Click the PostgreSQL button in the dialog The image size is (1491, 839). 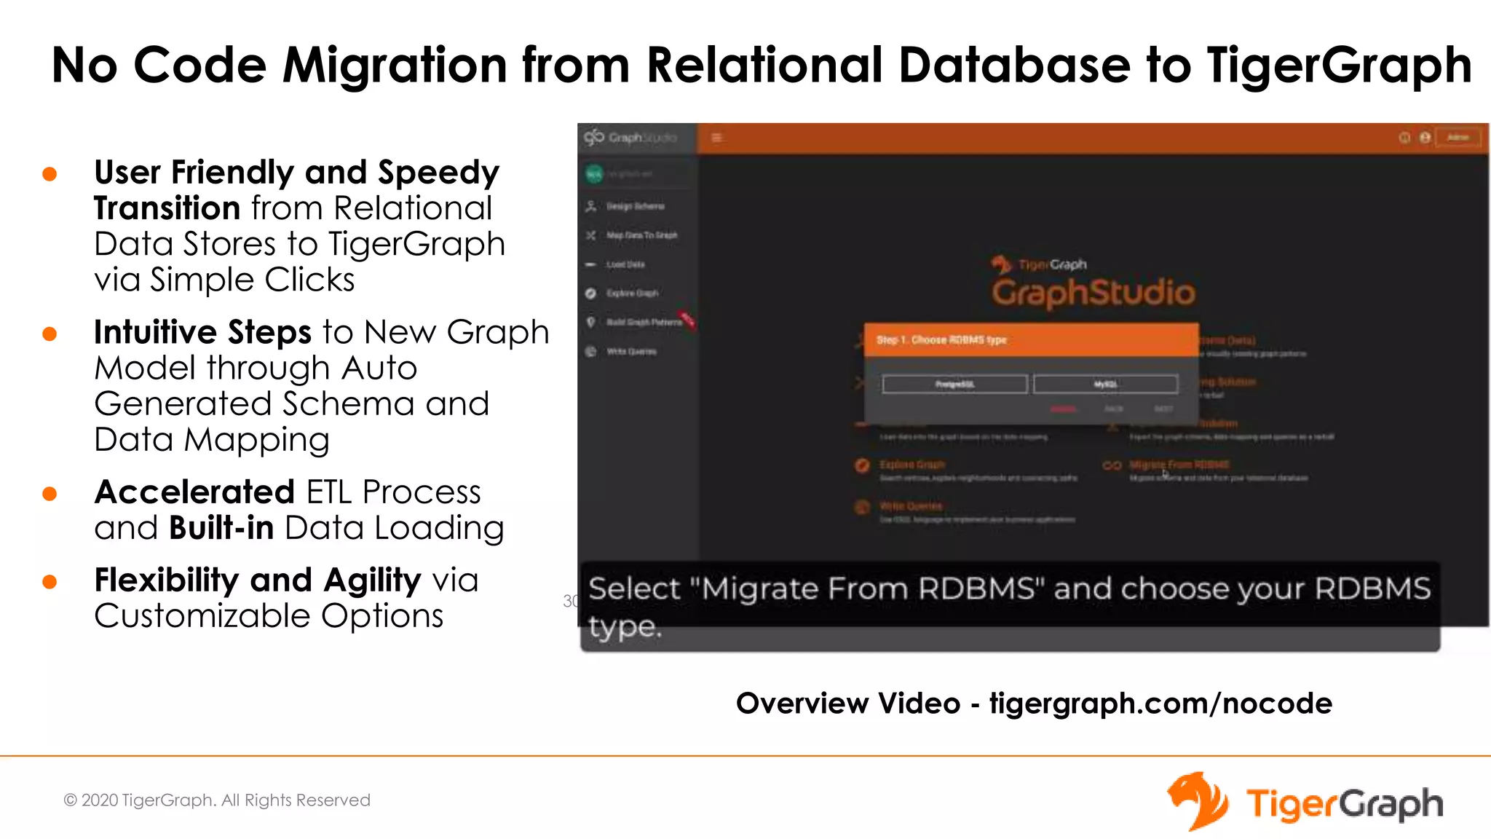tap(954, 384)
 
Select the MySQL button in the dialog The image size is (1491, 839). tap(1105, 384)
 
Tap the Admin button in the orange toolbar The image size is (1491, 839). tap(1458, 138)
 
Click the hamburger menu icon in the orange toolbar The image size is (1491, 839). tap(716, 138)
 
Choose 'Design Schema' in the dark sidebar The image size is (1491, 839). tap(635, 206)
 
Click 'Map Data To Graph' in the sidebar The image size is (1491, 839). tap(641, 235)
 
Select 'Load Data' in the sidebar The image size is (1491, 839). tap(625, 264)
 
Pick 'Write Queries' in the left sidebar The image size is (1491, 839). tap(631, 352)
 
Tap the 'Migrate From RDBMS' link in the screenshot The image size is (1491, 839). tap(1179, 465)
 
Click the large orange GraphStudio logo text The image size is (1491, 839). tap(1093, 293)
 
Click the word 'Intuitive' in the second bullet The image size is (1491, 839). tap(155, 332)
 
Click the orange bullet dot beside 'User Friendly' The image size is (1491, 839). tap(50, 174)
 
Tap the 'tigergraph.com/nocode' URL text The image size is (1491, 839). tap(1160, 704)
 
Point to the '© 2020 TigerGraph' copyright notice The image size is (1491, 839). tap(217, 800)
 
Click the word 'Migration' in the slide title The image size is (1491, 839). tap(394, 65)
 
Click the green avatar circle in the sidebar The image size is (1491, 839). tap(594, 174)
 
